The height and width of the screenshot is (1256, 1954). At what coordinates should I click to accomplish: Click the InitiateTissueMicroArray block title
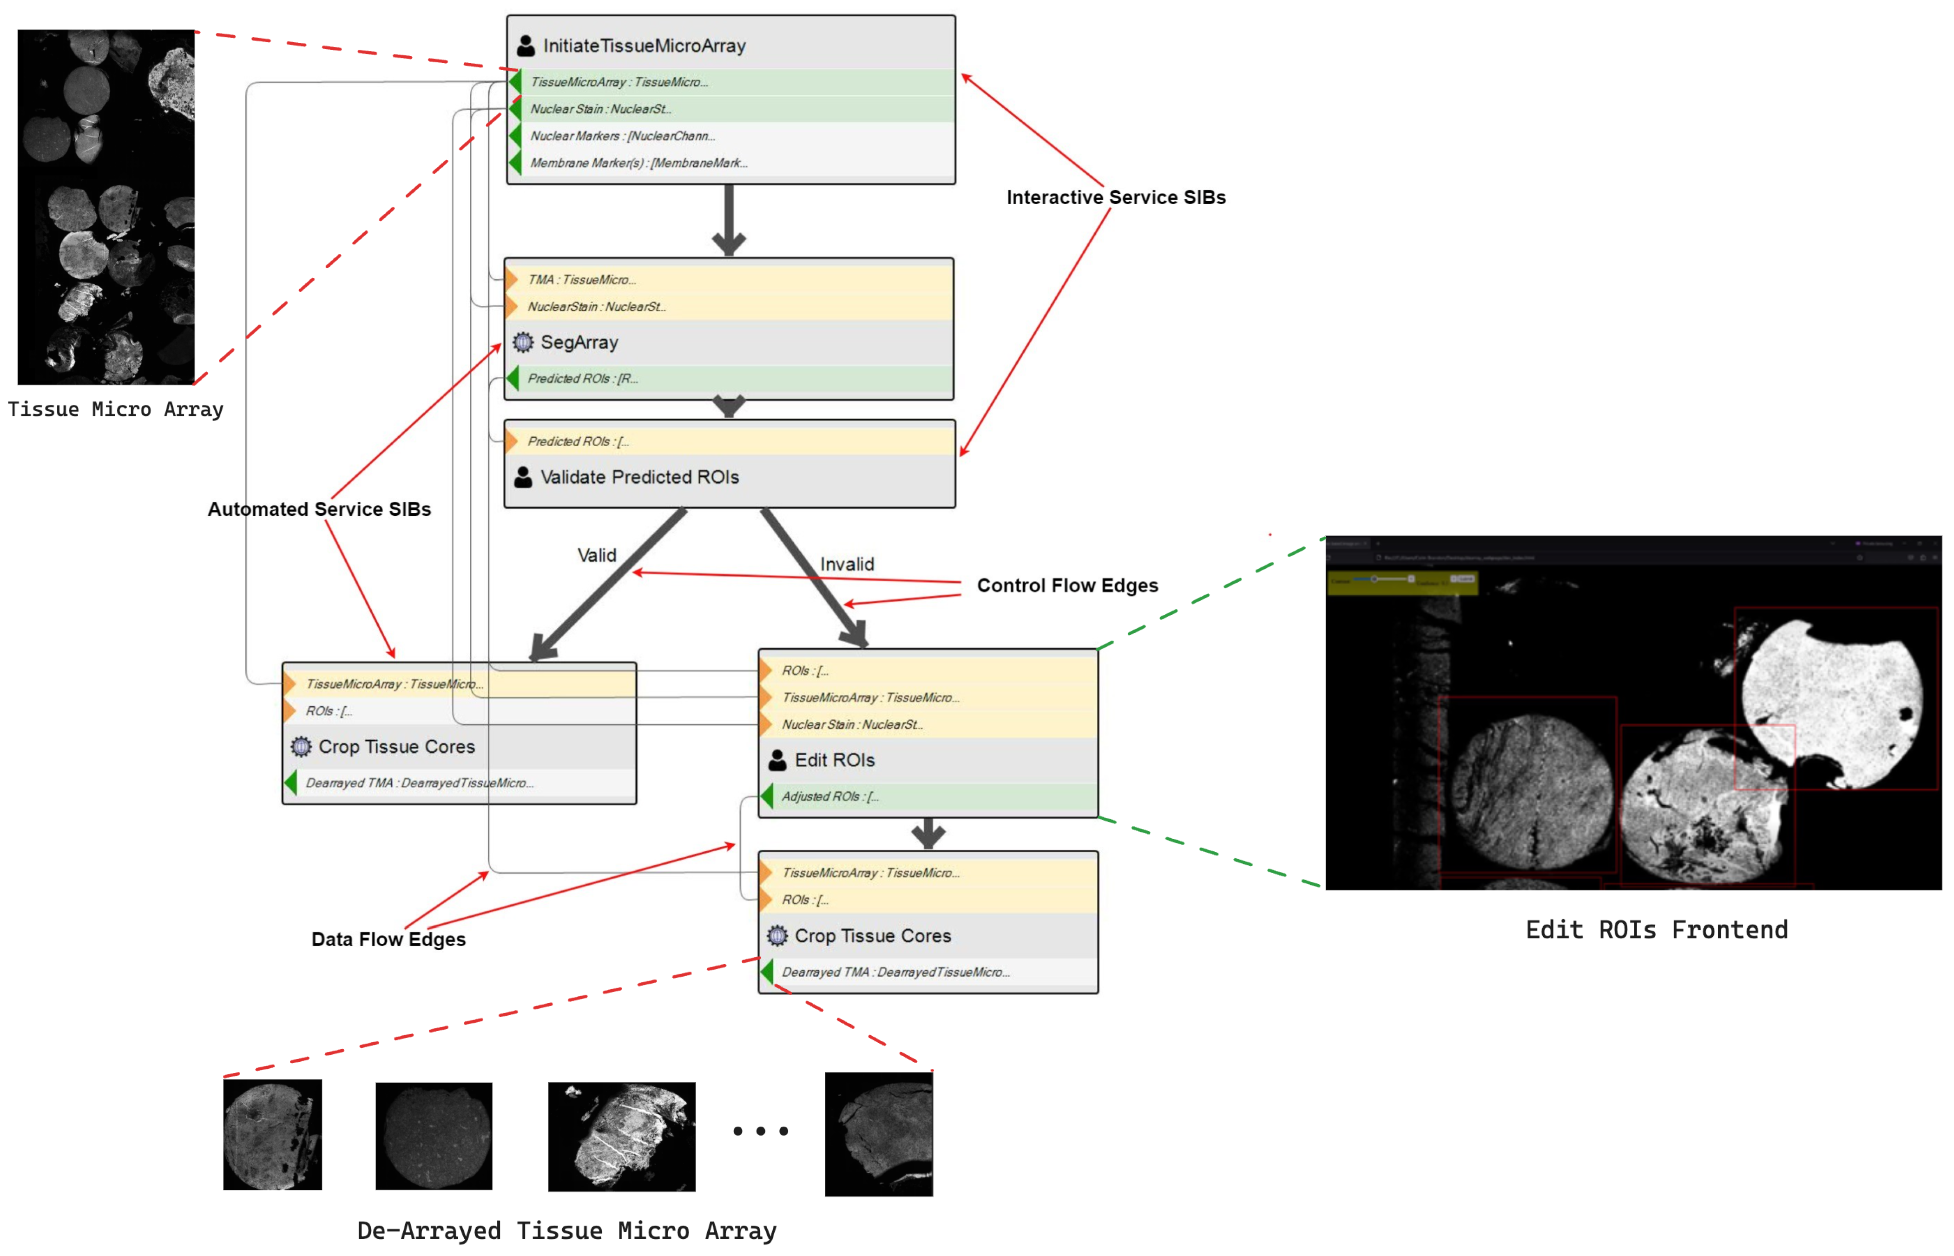[644, 46]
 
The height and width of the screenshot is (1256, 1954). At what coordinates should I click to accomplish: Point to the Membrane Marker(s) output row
[638, 163]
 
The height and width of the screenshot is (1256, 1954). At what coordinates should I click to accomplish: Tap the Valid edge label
[596, 555]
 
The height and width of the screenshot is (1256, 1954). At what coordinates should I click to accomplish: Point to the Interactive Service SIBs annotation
[1115, 197]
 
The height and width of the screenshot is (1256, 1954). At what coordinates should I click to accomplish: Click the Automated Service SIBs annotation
[319, 509]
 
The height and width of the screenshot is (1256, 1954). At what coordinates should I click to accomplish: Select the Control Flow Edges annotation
[1067, 585]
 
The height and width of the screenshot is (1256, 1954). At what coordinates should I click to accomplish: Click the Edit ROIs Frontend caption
[1656, 930]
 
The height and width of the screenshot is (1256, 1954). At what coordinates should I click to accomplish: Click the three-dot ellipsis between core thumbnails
[760, 1131]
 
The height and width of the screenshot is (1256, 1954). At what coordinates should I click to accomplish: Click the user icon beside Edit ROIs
[777, 760]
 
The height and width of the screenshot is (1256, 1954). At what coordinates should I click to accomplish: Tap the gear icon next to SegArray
[523, 342]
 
